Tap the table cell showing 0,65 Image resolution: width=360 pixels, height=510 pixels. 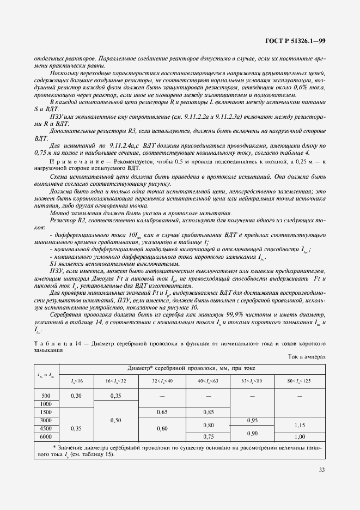click(161, 412)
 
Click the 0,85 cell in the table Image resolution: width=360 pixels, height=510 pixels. click(208, 412)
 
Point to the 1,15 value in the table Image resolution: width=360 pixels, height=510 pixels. click(300, 425)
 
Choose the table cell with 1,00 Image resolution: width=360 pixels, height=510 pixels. click(300, 437)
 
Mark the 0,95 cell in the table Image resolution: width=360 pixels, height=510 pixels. click(252, 421)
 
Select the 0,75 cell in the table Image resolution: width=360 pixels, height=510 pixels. click(208, 437)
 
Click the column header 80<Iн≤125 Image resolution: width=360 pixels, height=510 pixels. click(300, 379)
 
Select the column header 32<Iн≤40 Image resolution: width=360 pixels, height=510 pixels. click(161, 379)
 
